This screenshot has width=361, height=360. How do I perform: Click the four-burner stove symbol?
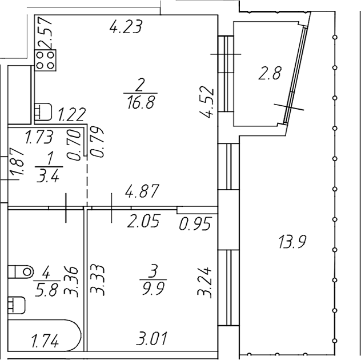[x=45, y=60]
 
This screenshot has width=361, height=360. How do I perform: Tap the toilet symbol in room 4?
[x=21, y=272]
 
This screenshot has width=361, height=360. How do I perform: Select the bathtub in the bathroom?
[x=45, y=335]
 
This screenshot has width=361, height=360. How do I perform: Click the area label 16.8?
[x=141, y=102]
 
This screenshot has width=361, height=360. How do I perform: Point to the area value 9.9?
[x=153, y=288]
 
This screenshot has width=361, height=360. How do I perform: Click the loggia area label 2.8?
[x=270, y=73]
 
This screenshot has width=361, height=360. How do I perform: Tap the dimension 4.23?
[x=126, y=26]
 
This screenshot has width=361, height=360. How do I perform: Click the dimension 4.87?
[x=142, y=191]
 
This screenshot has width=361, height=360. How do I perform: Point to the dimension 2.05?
[x=143, y=221]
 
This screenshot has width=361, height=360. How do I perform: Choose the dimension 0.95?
[x=195, y=223]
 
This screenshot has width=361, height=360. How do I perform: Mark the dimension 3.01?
[x=151, y=338]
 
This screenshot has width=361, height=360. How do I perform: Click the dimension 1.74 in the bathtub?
[x=45, y=341]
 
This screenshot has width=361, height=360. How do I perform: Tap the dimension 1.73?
[x=39, y=137]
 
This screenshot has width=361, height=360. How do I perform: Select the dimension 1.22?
[x=71, y=114]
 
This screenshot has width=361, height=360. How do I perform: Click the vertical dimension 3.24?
[x=204, y=283]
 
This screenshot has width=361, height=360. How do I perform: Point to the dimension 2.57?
[x=45, y=32]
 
